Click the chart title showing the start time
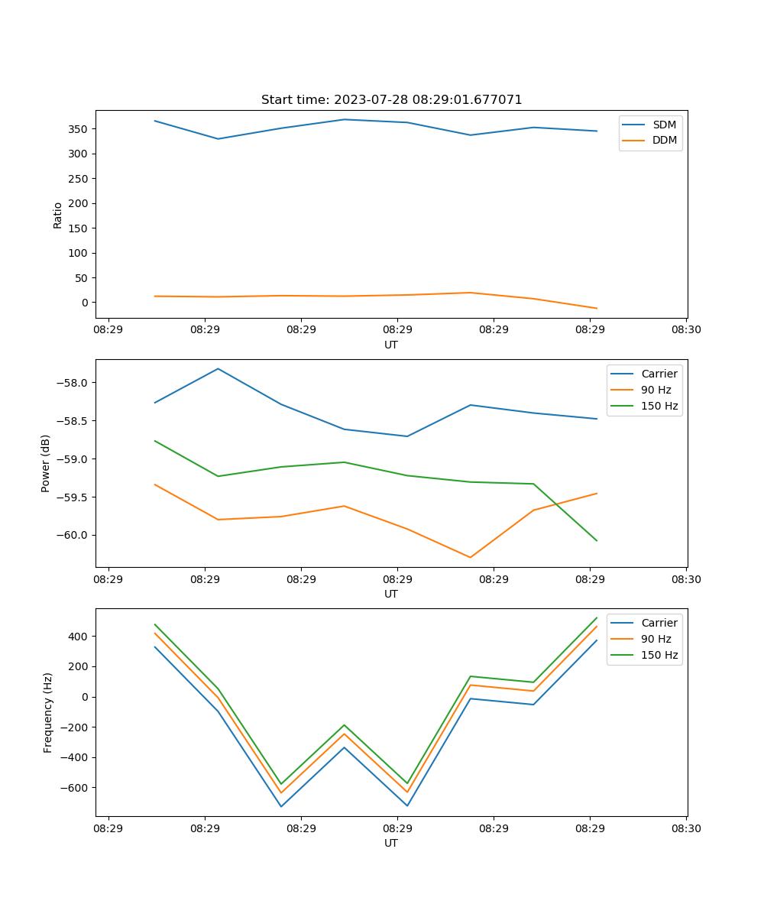tap(391, 100)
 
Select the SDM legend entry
tap(664, 125)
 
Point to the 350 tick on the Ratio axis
tap(78, 129)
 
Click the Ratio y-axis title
tap(57, 215)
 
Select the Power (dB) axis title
tap(46, 463)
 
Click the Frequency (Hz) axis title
tap(47, 712)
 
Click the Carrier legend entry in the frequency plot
tap(659, 623)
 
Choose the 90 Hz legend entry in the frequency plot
tap(656, 639)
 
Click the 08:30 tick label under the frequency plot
tap(686, 828)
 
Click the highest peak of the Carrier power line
tap(218, 368)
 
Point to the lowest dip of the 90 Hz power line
tap(470, 557)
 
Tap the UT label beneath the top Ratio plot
tap(391, 345)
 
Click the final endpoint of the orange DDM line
tap(597, 309)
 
